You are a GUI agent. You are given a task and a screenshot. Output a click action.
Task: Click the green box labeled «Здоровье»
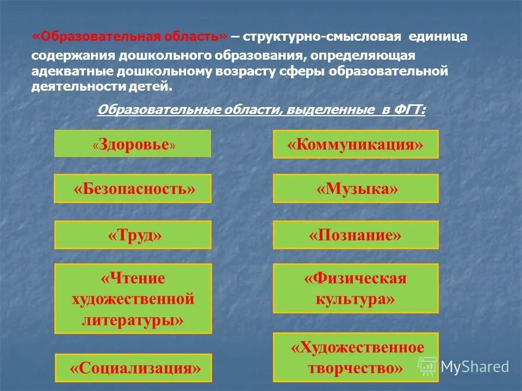tap(133, 144)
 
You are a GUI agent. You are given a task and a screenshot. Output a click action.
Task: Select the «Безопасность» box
tap(133, 188)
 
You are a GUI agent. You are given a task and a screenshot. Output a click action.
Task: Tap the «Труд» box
tap(133, 235)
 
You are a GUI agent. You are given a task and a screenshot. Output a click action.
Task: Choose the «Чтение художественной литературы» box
tap(133, 299)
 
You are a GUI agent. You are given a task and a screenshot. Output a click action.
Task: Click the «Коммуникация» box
tap(355, 144)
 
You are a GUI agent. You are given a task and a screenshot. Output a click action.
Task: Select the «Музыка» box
tap(355, 188)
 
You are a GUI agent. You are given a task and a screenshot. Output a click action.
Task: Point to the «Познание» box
tap(355, 235)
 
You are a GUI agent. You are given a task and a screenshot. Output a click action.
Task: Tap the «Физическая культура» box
tap(355, 288)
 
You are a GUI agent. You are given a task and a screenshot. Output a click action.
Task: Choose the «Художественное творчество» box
tap(355, 357)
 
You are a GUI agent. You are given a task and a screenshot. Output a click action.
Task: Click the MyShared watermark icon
tap(427, 367)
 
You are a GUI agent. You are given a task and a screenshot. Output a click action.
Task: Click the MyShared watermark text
tap(475, 367)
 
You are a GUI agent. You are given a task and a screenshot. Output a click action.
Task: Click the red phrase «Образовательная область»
tap(130, 37)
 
